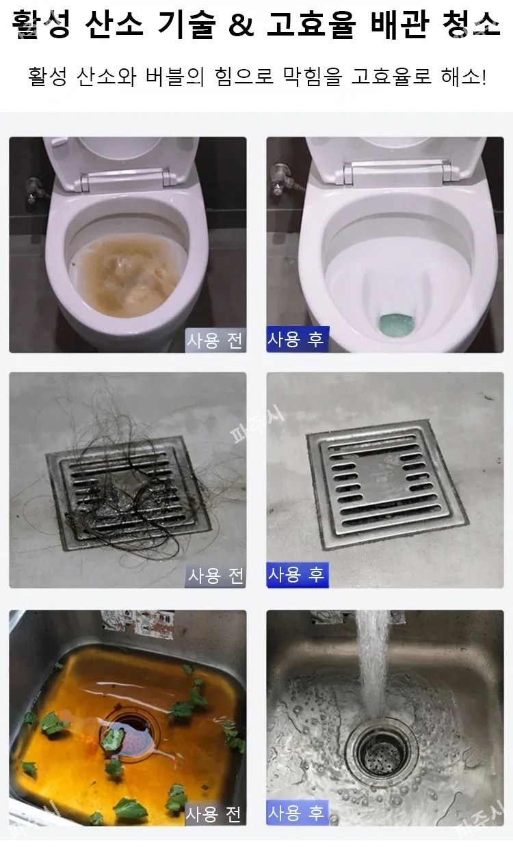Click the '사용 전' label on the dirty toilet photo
[x=215, y=340]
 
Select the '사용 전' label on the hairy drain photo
[x=215, y=575]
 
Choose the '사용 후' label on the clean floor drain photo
[x=296, y=574]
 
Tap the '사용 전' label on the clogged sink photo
[x=215, y=814]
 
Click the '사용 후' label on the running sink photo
[x=296, y=814]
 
